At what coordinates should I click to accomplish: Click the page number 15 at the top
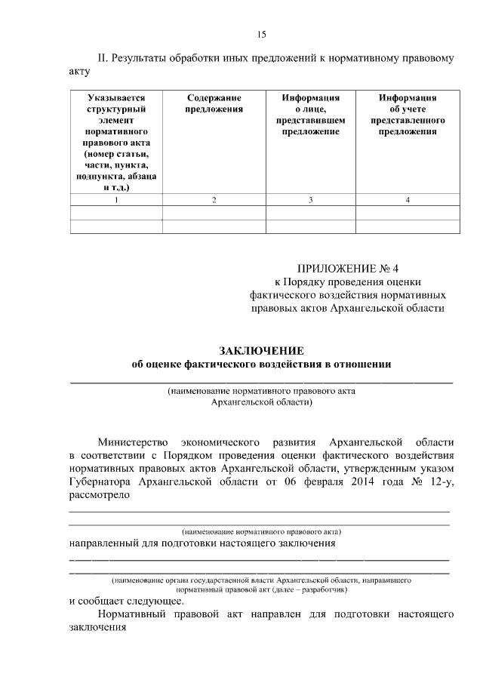pos(262,34)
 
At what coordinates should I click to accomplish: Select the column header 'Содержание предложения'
pos(214,103)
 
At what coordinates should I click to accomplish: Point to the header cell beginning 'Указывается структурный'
pos(116,142)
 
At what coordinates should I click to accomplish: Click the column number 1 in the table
pos(116,200)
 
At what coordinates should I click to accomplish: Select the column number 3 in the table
pos(310,200)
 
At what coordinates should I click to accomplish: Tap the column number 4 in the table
pos(408,200)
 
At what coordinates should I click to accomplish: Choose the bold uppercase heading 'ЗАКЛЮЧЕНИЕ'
pos(261,351)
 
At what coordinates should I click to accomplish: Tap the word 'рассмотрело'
pos(95,496)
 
